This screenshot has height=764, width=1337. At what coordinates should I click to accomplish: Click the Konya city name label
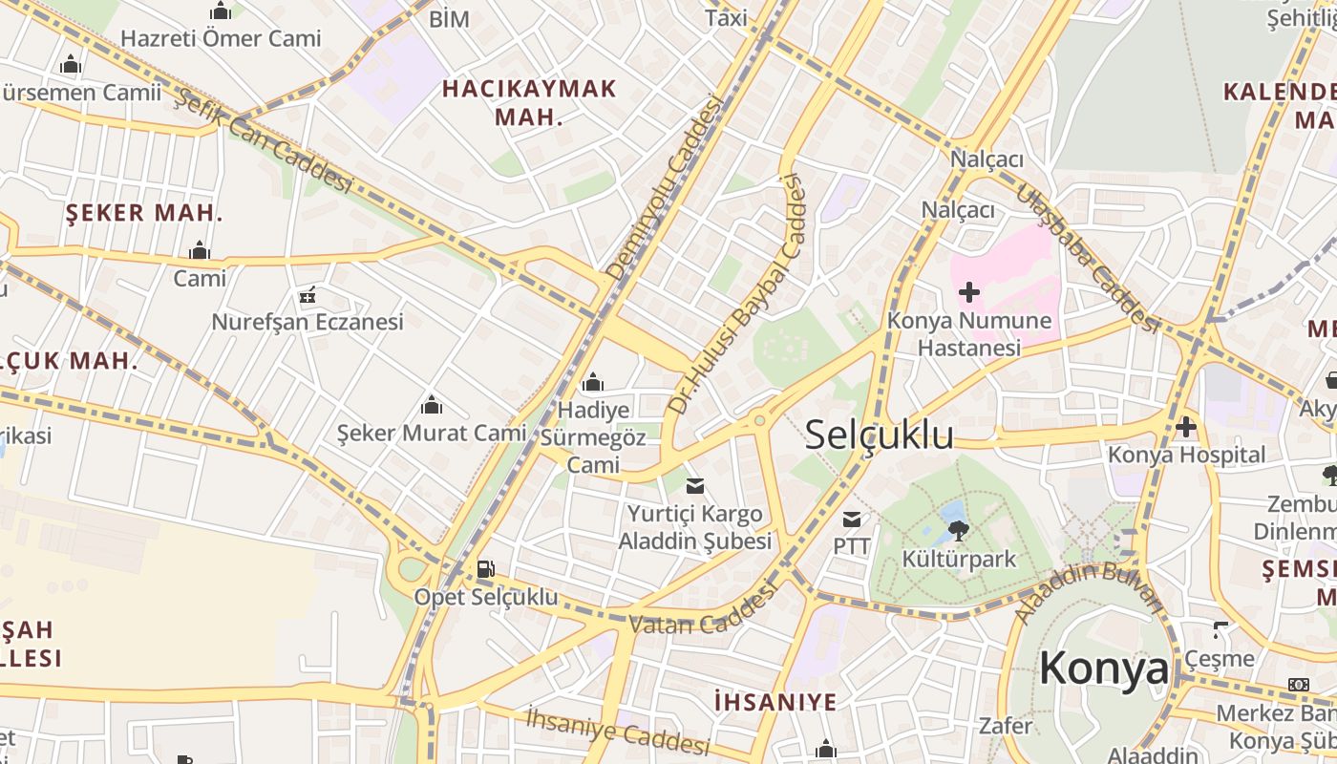[1103, 668]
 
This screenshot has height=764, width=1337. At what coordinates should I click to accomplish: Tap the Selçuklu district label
[879, 435]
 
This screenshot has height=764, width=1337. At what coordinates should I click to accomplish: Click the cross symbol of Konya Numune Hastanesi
[969, 291]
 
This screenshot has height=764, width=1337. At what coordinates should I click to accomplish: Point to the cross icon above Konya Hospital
[1186, 427]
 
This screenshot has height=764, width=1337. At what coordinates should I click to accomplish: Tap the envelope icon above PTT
[851, 520]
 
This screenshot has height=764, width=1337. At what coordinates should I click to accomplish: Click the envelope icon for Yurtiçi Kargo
[695, 486]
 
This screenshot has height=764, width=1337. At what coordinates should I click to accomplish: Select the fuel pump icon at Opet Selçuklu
[485, 569]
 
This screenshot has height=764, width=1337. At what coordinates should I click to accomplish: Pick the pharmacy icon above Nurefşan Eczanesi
[308, 295]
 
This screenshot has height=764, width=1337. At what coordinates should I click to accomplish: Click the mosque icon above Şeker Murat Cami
[432, 405]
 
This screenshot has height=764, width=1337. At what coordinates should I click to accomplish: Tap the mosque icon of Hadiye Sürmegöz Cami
[593, 383]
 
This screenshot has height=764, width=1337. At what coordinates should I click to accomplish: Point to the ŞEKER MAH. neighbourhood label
[144, 213]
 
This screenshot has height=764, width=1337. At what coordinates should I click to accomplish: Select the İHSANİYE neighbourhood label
[775, 702]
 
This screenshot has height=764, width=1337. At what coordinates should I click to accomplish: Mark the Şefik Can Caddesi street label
[264, 141]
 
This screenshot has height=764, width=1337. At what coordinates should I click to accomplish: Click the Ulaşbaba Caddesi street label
[1087, 257]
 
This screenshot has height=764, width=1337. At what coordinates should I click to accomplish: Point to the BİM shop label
[449, 18]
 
